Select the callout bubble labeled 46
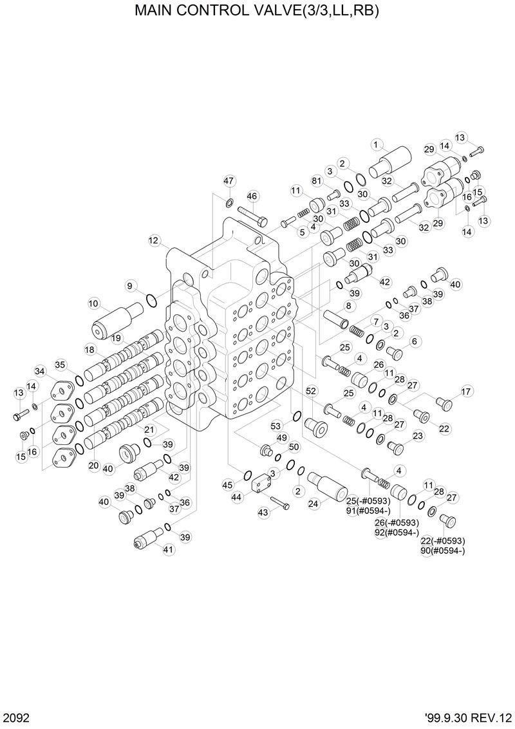coord(252,196)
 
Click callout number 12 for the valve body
coord(153,240)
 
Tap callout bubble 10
coord(93,303)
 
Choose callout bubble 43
coord(263,512)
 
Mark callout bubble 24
coord(314,504)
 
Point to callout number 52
coord(311,391)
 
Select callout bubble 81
coord(317,180)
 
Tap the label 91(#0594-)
coord(368,511)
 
